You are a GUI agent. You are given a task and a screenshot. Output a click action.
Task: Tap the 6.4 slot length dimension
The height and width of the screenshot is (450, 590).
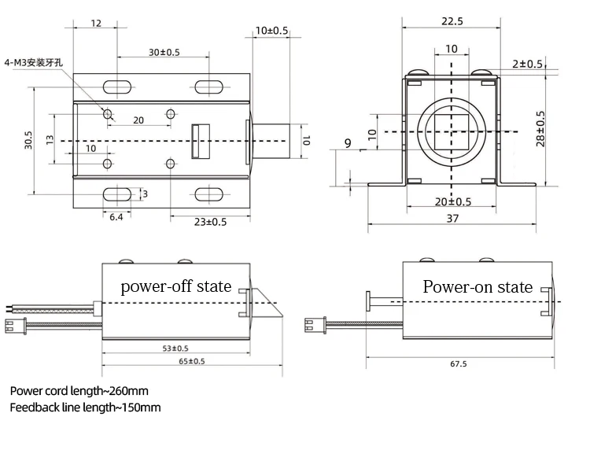[x=115, y=218]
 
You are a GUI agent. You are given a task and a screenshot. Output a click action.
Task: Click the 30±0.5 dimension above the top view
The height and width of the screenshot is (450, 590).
[x=164, y=52]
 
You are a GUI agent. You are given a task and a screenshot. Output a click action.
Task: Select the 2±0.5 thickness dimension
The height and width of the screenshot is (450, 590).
[x=526, y=64]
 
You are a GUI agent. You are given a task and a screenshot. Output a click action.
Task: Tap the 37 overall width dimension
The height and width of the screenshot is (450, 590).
[x=452, y=219]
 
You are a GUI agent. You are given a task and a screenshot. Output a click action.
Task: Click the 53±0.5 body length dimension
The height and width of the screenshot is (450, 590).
[x=175, y=347]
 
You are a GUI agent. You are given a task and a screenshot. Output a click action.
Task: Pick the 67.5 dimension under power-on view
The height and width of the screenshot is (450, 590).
[x=459, y=363]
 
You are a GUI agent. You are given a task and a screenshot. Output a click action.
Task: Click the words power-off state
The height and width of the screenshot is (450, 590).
[x=175, y=286]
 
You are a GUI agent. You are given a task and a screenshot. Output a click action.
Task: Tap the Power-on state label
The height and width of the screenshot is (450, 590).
[x=478, y=287]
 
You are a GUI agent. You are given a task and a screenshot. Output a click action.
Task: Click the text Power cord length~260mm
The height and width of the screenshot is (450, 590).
[x=79, y=390]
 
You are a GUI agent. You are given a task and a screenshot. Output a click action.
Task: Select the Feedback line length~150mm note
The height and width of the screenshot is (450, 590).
[x=86, y=407]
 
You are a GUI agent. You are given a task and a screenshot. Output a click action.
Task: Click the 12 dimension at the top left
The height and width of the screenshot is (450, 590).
[x=96, y=24]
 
